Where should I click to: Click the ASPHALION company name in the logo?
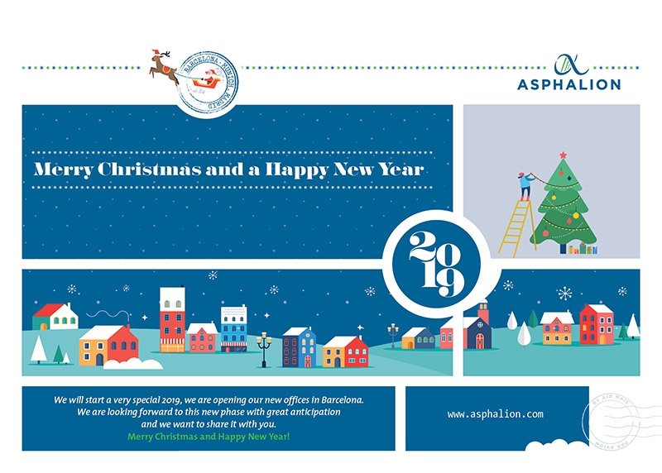point(568,84)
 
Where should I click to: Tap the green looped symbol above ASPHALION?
point(568,64)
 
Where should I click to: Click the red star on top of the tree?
point(563,155)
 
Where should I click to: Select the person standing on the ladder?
point(525,184)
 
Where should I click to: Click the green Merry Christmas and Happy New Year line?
point(209,435)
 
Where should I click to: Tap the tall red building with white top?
point(172,319)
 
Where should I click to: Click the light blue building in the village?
point(233,328)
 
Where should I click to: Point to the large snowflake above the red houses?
point(565,293)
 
